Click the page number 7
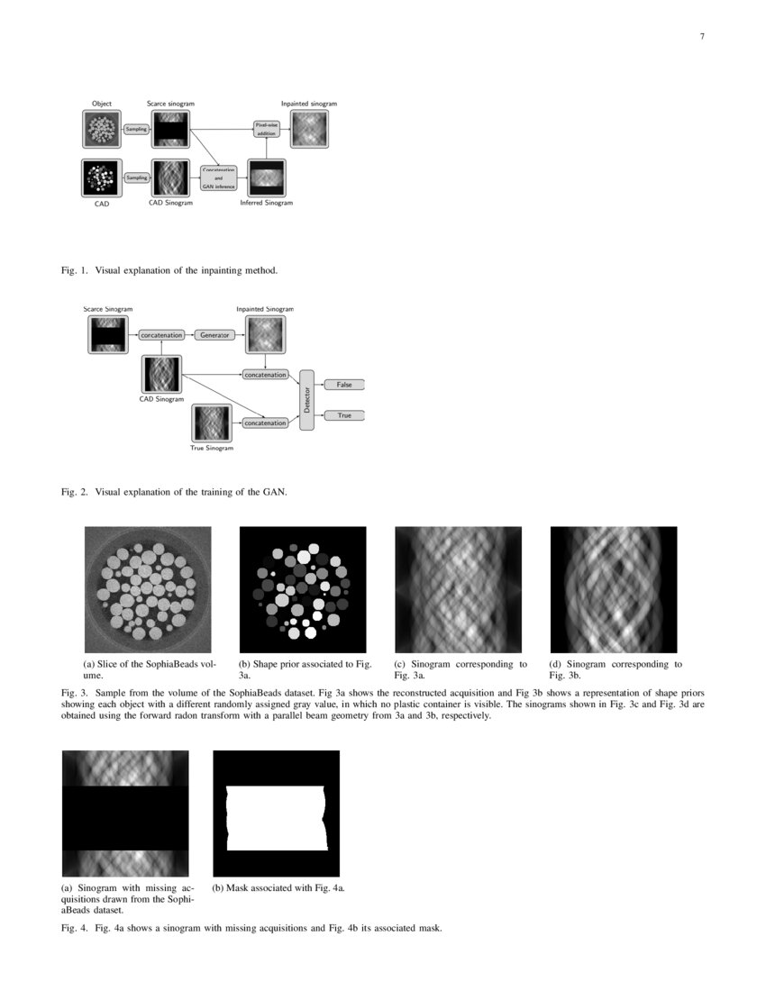(701, 37)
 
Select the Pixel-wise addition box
(266, 129)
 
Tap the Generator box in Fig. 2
(215, 335)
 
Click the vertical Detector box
(306, 400)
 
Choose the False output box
(344, 385)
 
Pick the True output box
(344, 415)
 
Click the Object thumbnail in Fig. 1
(102, 129)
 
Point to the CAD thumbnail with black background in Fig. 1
(102, 177)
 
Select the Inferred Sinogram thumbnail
(266, 177)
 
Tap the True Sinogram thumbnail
(212, 423)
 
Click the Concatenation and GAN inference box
(218, 177)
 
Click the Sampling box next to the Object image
(136, 130)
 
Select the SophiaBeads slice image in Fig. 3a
(148, 589)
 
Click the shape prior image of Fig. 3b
(303, 589)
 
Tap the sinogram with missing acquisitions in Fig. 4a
(125, 814)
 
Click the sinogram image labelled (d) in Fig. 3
(614, 589)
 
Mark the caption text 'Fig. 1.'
(72, 270)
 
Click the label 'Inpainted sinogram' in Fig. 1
(308, 104)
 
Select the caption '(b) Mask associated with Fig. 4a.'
(278, 887)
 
